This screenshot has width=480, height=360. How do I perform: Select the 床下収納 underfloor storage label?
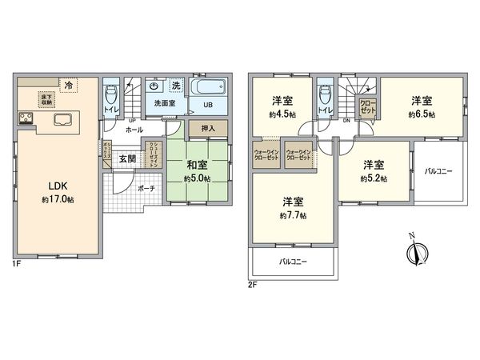click(46, 98)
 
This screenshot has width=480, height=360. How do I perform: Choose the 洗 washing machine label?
click(175, 86)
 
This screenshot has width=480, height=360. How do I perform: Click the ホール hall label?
click(134, 128)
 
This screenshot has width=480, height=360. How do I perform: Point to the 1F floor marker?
click(16, 263)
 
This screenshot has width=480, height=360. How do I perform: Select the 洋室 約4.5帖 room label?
click(281, 106)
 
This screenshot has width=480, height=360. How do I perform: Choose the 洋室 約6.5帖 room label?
click(422, 106)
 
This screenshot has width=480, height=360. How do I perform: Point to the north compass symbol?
click(413, 253)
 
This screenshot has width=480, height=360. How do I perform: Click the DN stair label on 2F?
click(346, 121)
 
